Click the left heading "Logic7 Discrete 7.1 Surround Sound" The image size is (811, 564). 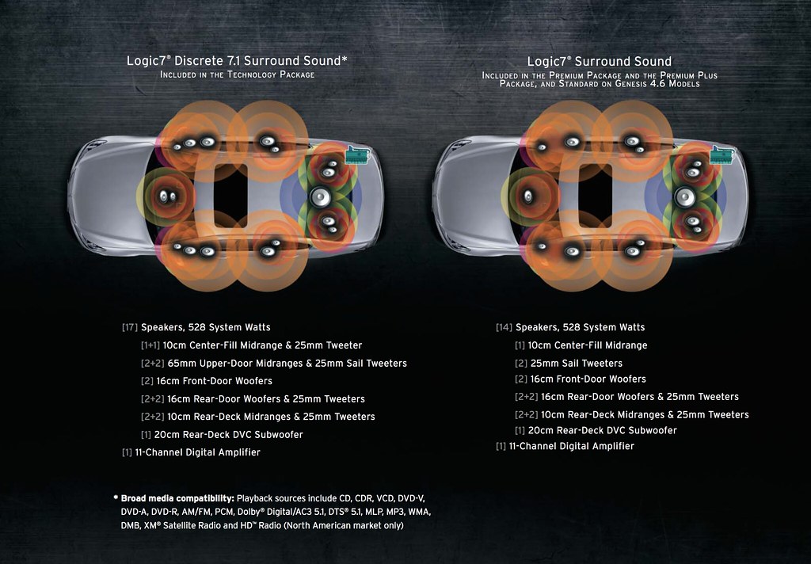tap(237, 60)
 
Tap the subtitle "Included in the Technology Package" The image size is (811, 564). tap(238, 74)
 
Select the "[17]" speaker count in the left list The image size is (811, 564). tap(130, 327)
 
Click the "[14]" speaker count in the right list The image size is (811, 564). tap(504, 327)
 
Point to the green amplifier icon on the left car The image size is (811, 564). tap(357, 155)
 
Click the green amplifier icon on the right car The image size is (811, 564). tap(722, 155)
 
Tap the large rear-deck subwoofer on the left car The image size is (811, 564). tap(320, 197)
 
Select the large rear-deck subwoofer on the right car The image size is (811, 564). tap(685, 197)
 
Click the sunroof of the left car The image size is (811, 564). tap(230, 196)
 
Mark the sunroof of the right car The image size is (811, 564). tap(596, 196)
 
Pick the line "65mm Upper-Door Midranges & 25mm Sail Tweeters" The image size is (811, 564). tap(287, 364)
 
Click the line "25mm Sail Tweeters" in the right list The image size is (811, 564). tap(577, 364)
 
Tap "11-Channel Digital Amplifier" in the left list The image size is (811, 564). tap(197, 452)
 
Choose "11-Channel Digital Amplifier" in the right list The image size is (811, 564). tap(572, 446)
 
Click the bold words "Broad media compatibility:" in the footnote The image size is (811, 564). tap(177, 498)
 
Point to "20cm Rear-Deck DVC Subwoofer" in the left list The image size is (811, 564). tap(229, 435)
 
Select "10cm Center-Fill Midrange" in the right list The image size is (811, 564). tap(588, 345)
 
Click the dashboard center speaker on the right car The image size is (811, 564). tap(528, 196)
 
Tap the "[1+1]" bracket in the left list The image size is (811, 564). tap(150, 345)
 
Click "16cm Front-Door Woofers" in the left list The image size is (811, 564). tap(214, 381)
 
